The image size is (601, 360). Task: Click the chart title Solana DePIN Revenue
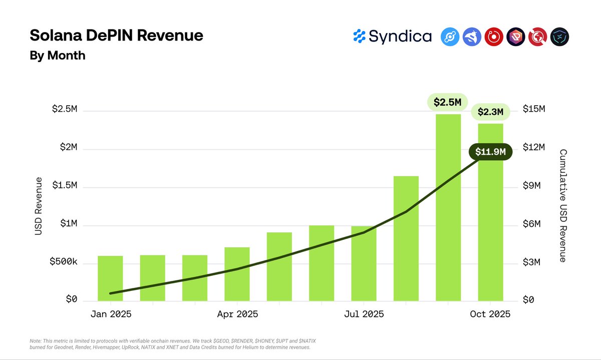click(116, 36)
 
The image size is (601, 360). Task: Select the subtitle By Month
click(58, 56)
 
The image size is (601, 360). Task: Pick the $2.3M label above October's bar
click(490, 112)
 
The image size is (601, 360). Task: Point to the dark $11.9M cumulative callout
click(490, 152)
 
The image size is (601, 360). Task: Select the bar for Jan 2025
click(110, 278)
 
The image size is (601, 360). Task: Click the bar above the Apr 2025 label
click(237, 274)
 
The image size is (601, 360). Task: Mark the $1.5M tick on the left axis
click(65, 186)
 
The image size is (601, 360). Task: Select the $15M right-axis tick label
click(534, 109)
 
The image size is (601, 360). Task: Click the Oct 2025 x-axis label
click(490, 314)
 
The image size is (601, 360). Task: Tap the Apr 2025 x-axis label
click(237, 314)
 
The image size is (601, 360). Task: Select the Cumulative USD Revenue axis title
click(562, 206)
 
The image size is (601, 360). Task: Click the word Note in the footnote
click(36, 341)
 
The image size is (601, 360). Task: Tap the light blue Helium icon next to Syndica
click(450, 37)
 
